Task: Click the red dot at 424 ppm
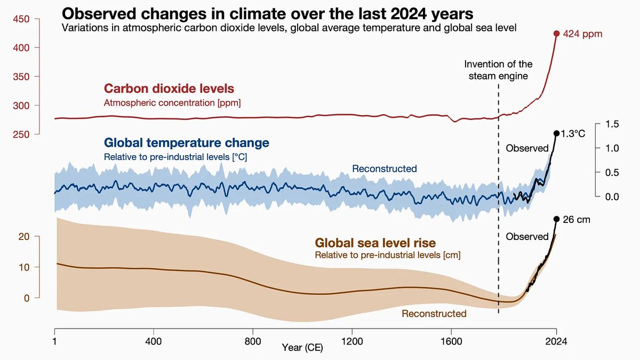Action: pyautogui.click(x=556, y=34)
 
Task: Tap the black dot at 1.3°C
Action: pyautogui.click(x=556, y=133)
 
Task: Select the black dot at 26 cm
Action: pyautogui.click(x=556, y=219)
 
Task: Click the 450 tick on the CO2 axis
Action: pyautogui.click(x=21, y=19)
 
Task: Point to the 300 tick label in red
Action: pyautogui.click(x=21, y=106)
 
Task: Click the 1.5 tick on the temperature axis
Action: pyautogui.click(x=612, y=124)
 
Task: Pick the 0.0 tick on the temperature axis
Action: pyautogui.click(x=612, y=197)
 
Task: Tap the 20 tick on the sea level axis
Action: pyautogui.click(x=24, y=237)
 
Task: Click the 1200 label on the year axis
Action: pyautogui.click(x=352, y=341)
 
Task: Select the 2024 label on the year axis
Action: pyautogui.click(x=556, y=341)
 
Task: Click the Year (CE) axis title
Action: pyautogui.click(x=302, y=348)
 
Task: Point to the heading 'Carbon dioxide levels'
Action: pyautogui.click(x=169, y=89)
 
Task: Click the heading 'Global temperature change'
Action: pyautogui.click(x=187, y=142)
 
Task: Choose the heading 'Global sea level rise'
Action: pyautogui.click(x=375, y=243)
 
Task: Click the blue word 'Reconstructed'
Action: pyautogui.click(x=385, y=169)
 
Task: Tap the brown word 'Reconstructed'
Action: pyautogui.click(x=434, y=314)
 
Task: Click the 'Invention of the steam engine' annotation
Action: pyautogui.click(x=498, y=70)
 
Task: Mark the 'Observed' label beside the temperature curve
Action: pyautogui.click(x=527, y=148)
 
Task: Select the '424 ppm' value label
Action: pyautogui.click(x=582, y=34)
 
